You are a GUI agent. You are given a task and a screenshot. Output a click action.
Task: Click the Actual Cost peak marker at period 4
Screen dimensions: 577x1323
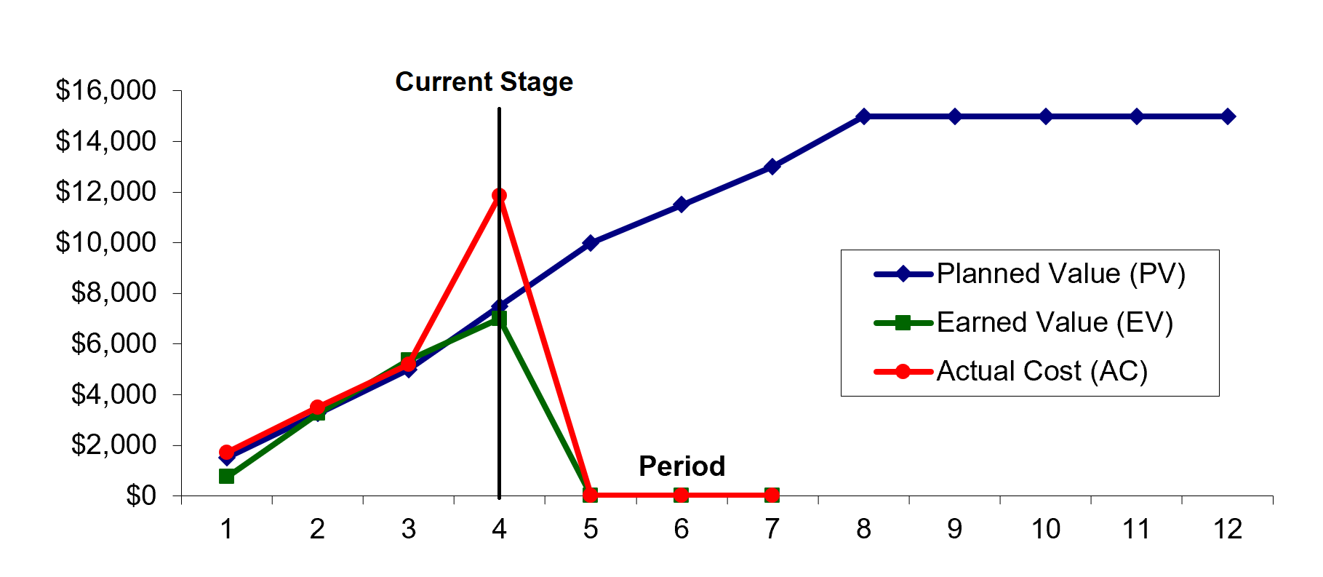tap(499, 196)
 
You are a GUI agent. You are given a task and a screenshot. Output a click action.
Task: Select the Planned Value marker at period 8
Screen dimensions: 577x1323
tap(863, 116)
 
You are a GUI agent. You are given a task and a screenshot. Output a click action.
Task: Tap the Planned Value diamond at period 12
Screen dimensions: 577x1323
tap(1228, 116)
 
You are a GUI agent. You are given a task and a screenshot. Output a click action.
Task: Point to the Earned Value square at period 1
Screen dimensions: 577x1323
tap(226, 476)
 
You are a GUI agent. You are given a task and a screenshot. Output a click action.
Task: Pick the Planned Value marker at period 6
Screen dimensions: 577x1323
tap(681, 204)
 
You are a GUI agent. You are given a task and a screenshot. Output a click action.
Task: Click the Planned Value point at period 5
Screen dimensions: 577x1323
tap(590, 242)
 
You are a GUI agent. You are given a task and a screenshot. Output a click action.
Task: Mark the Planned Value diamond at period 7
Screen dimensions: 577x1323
tap(772, 167)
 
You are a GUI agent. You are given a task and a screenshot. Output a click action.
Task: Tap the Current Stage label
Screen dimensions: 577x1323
tap(484, 82)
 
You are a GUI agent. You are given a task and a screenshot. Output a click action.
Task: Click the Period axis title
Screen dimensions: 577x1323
tap(682, 466)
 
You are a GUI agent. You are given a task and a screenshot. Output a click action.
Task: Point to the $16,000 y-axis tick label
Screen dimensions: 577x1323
tap(106, 90)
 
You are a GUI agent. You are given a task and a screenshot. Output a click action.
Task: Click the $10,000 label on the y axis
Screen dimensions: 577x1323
tap(106, 242)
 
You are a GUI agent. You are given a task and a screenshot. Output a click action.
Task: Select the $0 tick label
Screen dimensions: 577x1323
tap(141, 496)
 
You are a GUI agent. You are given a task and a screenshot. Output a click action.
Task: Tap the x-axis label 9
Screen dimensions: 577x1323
tap(954, 529)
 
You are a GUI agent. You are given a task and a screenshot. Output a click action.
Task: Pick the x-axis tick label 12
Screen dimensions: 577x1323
tap(1227, 529)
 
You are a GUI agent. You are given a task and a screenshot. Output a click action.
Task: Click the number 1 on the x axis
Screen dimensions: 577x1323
tap(226, 529)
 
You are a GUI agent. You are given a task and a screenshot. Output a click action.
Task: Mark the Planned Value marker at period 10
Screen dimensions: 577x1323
tap(1046, 116)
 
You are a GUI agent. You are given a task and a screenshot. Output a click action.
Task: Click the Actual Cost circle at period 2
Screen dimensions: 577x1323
tap(317, 407)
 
